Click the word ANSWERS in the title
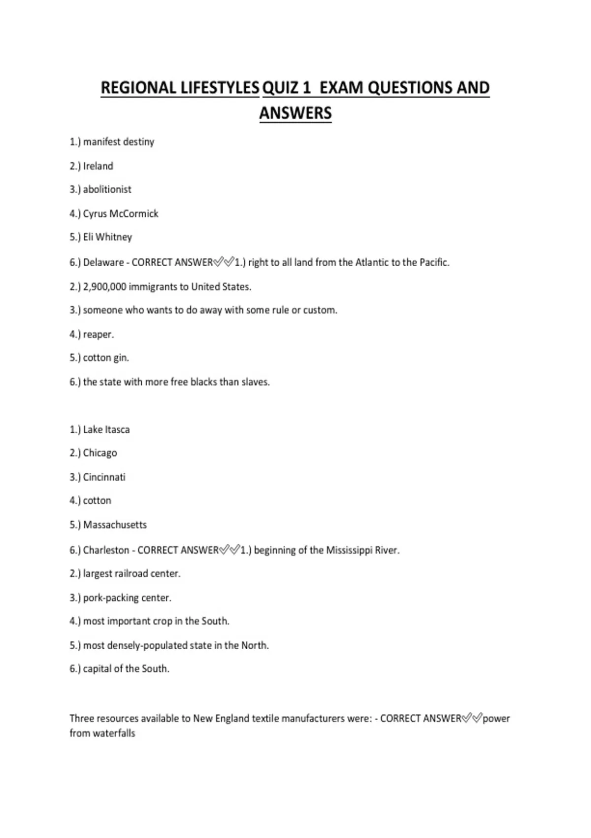click(295, 113)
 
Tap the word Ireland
click(98, 166)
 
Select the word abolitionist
click(107, 189)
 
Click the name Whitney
click(114, 237)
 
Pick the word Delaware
click(103, 262)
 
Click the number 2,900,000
click(104, 286)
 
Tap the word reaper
click(98, 334)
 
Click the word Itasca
click(117, 429)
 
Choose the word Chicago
click(100, 453)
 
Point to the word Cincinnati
click(104, 477)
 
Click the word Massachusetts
click(115, 524)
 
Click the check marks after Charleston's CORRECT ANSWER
click(230, 550)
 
